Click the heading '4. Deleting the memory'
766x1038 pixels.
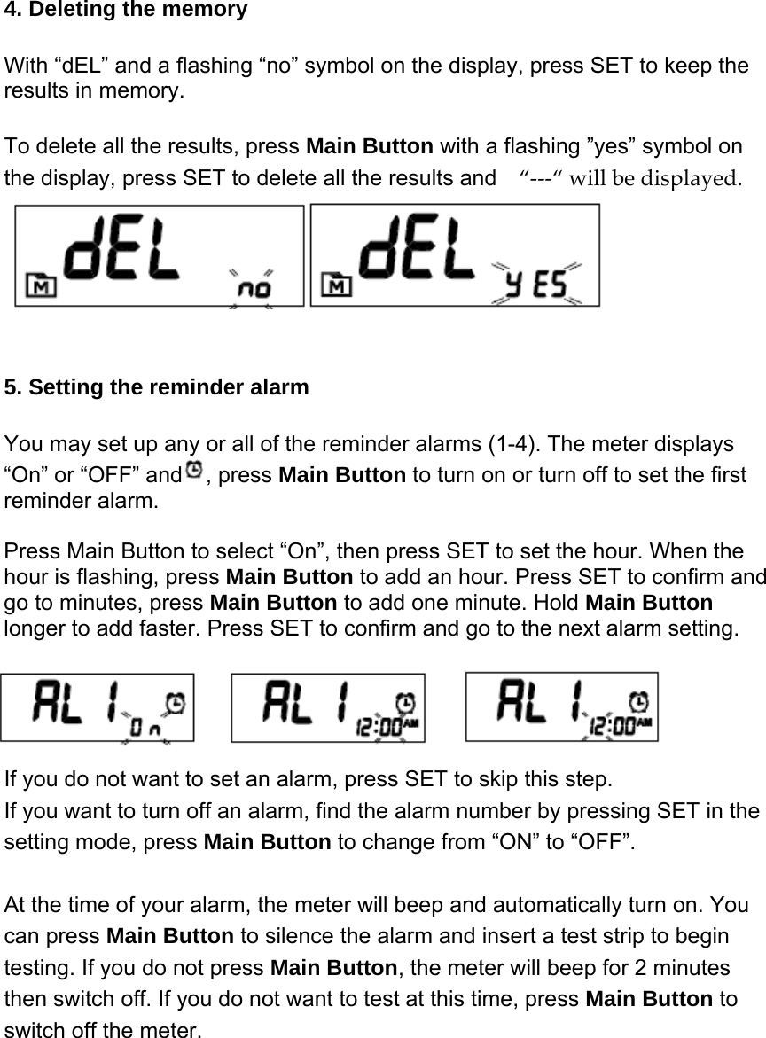(126, 11)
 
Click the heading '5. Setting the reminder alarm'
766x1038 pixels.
(157, 387)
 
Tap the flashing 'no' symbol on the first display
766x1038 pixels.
(252, 288)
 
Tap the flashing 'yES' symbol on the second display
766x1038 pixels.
(536, 284)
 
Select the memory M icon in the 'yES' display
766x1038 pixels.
(338, 285)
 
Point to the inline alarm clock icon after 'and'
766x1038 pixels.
(193, 467)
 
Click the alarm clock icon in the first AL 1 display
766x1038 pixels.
(176, 701)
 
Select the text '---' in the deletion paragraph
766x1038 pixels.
(541, 177)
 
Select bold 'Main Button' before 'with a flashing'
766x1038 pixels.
(369, 146)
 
